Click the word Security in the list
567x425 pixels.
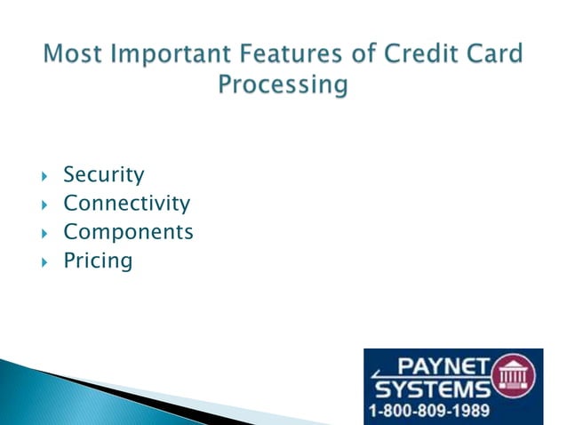point(103,175)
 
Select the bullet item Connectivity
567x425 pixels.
point(126,204)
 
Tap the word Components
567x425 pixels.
point(128,232)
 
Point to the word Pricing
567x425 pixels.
point(98,261)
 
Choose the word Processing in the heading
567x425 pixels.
point(283,86)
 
